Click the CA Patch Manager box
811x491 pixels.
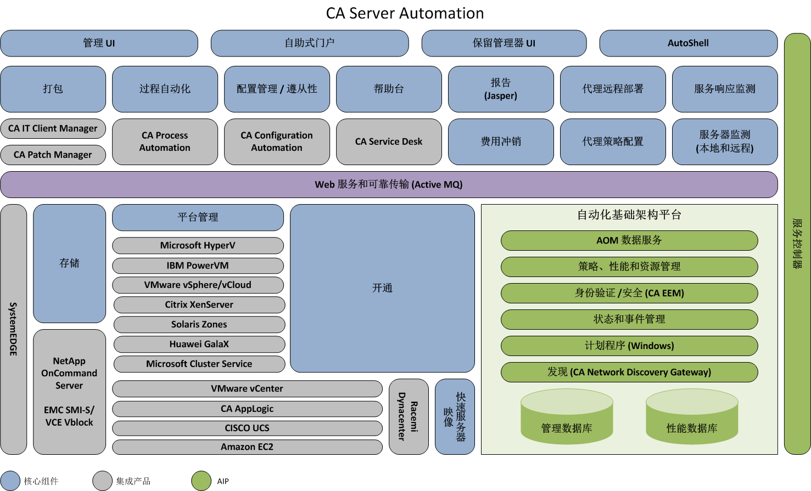click(53, 155)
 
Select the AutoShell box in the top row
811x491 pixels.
click(688, 43)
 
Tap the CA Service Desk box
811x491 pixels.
click(389, 142)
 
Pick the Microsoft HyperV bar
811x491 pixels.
click(198, 245)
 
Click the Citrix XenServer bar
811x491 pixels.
click(199, 304)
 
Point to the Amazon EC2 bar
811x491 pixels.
click(247, 447)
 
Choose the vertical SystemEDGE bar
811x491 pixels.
click(14, 329)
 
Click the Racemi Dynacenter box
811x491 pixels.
click(409, 416)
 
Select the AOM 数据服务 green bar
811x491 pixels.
click(629, 240)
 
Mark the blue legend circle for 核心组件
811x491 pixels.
click(10, 481)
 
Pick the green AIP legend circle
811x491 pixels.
click(202, 481)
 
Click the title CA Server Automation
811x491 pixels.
click(405, 13)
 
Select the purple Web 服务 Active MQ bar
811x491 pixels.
click(389, 184)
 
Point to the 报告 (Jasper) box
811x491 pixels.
click(501, 89)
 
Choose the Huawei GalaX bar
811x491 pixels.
click(199, 344)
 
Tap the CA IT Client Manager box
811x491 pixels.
click(53, 128)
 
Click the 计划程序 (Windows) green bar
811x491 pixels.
click(629, 346)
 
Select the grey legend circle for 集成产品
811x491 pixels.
click(103, 481)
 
